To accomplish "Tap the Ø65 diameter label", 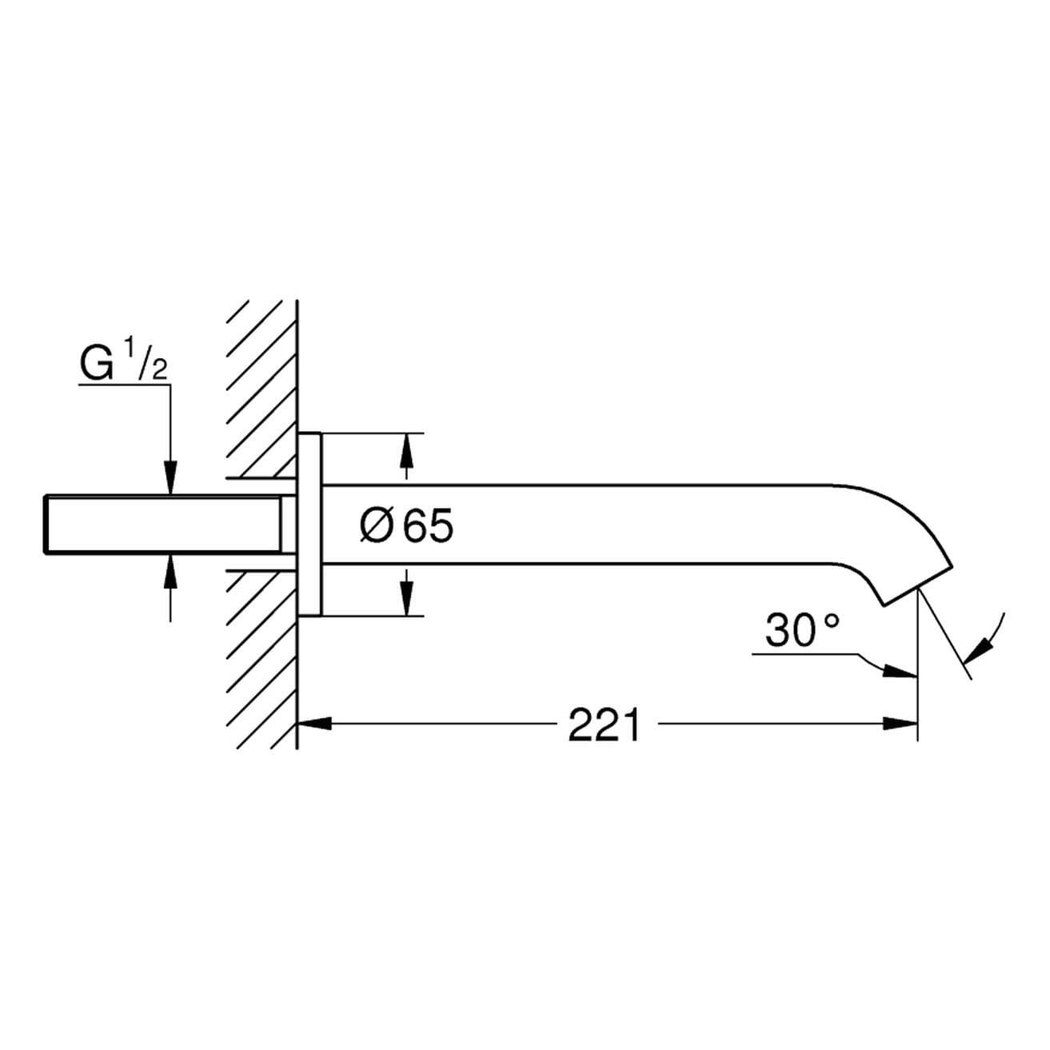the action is pyautogui.click(x=406, y=527).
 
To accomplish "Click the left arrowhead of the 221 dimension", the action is pyautogui.click(x=314, y=724).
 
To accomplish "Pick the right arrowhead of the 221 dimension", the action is pyautogui.click(x=900, y=724).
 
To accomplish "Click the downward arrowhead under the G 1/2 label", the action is pyautogui.click(x=170, y=477).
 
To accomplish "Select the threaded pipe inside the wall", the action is pyautogui.click(x=163, y=525).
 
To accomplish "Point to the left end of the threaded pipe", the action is pyautogui.click(x=45, y=525).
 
